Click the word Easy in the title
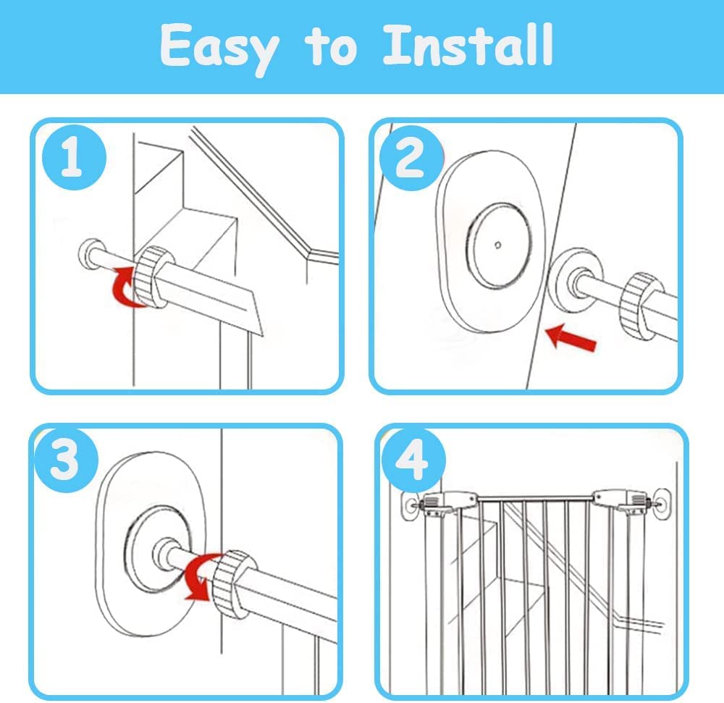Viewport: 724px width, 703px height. [x=219, y=47]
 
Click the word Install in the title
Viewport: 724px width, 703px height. [x=468, y=46]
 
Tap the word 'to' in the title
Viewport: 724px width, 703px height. [x=332, y=47]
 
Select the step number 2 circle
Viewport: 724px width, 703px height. [x=410, y=159]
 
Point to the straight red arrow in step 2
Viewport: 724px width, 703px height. [x=571, y=337]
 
